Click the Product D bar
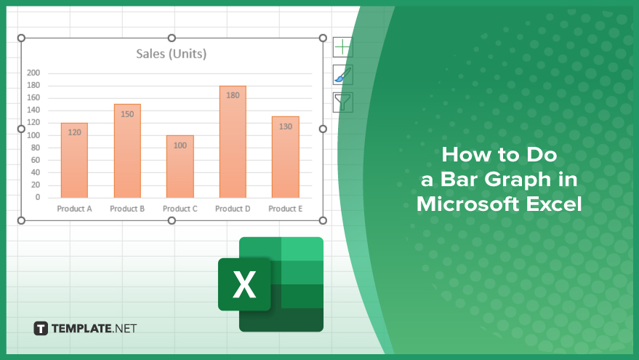[233, 142]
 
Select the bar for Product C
[180, 167]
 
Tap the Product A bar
[74, 161]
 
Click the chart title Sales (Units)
[171, 54]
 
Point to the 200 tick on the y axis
[33, 73]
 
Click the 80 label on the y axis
[36, 148]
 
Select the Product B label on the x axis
[127, 209]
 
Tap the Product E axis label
[285, 209]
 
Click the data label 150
[127, 114]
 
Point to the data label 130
[285, 127]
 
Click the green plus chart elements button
[342, 47]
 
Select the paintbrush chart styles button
[342, 75]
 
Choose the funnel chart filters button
[342, 103]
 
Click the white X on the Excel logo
[244, 284]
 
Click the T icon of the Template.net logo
[41, 328]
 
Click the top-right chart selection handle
[323, 38]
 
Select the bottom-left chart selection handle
[21, 220]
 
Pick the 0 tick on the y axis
[38, 197]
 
